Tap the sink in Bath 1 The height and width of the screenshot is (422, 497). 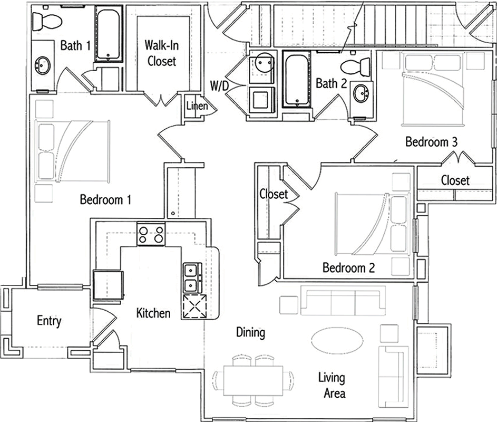tap(43, 65)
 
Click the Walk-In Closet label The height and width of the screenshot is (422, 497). tap(162, 53)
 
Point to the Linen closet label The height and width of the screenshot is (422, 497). tap(197, 105)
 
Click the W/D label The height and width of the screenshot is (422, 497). tap(219, 85)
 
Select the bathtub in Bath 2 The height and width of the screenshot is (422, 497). tap(297, 79)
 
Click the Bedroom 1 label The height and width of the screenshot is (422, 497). tap(105, 199)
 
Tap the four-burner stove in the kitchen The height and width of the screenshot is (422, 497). tap(151, 234)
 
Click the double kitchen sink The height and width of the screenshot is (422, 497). tap(192, 278)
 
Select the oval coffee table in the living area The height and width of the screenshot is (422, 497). tap(337, 340)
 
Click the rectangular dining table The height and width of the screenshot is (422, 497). tap(253, 381)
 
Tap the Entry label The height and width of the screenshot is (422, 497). tap(49, 321)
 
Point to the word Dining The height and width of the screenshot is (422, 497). tap(250, 333)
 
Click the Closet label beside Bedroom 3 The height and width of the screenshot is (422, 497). tap(455, 180)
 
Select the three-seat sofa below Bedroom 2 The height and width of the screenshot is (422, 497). tap(343, 301)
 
